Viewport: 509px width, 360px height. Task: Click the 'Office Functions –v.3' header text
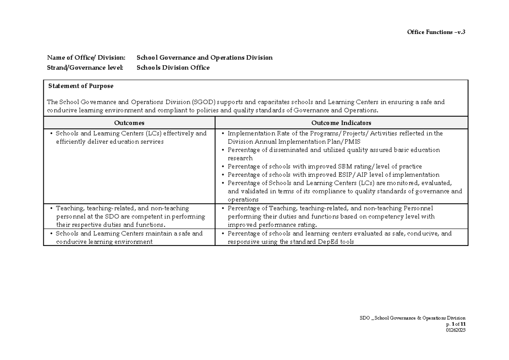tap(436, 32)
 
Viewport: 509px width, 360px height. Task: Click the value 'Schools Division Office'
tap(173, 67)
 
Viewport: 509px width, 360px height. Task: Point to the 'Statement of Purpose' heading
tap(81, 86)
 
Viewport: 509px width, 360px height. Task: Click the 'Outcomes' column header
tap(129, 123)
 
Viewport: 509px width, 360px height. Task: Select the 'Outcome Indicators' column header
tap(341, 123)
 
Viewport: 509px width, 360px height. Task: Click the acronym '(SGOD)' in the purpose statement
tap(203, 102)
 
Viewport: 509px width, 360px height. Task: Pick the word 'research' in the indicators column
tap(240, 158)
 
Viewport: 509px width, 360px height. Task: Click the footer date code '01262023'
tap(456, 330)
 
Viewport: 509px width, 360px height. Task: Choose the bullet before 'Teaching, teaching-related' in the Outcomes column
tap(51, 208)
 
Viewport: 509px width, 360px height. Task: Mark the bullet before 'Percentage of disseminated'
tap(223, 150)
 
